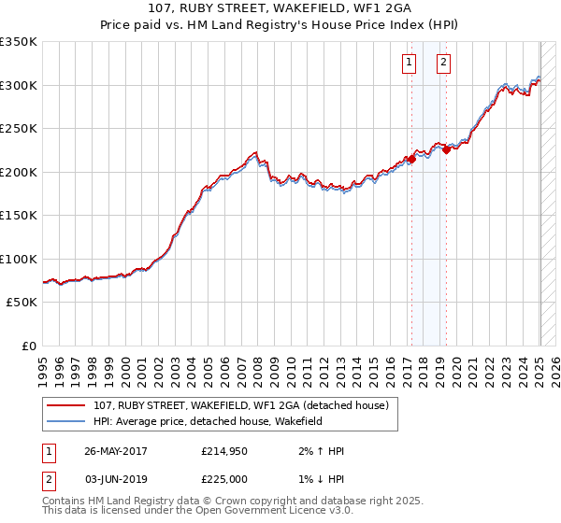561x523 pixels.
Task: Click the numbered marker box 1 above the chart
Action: point(410,64)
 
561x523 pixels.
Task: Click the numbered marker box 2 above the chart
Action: point(443,64)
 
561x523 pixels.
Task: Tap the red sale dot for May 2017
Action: point(411,160)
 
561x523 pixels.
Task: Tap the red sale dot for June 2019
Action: point(447,149)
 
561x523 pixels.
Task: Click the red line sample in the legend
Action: point(65,405)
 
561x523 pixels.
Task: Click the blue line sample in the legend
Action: point(65,422)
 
